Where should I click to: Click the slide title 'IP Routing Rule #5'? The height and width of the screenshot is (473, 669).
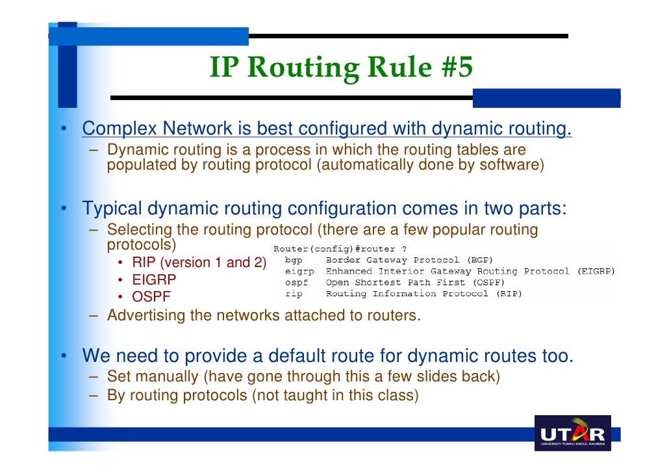point(341,68)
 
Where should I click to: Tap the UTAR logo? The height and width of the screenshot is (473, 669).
point(572,433)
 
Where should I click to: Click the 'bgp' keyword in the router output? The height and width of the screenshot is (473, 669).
point(294,260)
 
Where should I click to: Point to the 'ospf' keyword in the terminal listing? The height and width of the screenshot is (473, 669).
point(296,283)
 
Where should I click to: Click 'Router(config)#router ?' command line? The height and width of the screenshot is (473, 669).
point(340,249)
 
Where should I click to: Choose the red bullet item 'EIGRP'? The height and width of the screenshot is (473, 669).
point(154,280)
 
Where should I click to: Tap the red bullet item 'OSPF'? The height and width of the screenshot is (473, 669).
point(151,298)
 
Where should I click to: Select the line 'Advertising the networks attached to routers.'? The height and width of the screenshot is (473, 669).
point(264,316)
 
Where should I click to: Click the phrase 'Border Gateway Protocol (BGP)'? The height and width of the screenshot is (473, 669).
point(409,260)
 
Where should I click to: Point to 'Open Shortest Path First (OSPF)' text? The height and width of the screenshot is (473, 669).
point(415,283)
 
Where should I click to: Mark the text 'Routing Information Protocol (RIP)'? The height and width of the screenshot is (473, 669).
point(423,294)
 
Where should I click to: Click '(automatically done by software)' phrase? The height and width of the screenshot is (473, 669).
point(430,165)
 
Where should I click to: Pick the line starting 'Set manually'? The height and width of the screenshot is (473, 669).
point(303,376)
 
